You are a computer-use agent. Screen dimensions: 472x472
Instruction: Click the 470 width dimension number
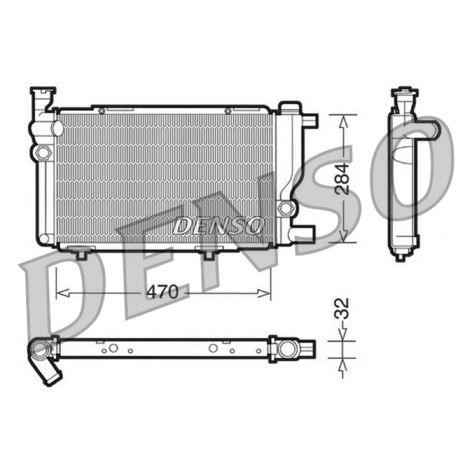coord(163,291)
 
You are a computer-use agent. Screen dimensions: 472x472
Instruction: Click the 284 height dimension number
coord(342,179)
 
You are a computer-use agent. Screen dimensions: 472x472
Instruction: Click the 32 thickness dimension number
coord(342,308)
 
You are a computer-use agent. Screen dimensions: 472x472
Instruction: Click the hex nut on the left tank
coord(43,152)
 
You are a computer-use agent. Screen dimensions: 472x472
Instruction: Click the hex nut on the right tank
coord(285,208)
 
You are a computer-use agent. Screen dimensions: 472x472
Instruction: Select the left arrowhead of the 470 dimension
coord(63,293)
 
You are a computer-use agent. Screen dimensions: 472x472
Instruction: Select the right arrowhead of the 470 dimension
coord(264,293)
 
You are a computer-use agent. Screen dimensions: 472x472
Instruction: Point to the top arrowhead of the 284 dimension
coord(343,122)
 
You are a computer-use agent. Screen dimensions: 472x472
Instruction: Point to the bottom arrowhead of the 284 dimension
coord(343,235)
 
